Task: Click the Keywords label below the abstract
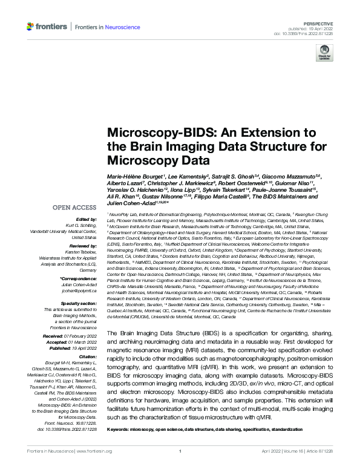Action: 119,430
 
